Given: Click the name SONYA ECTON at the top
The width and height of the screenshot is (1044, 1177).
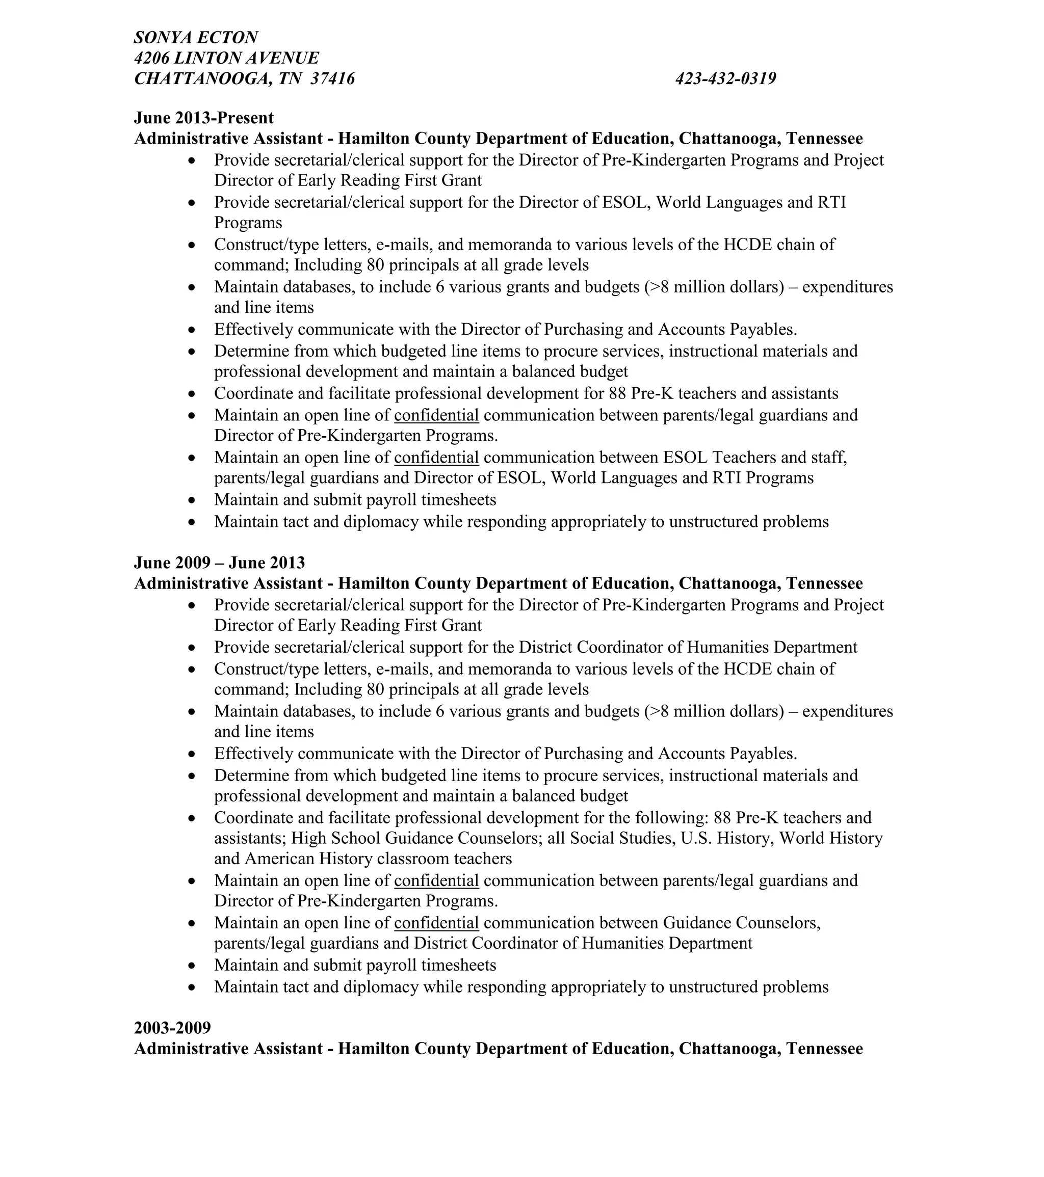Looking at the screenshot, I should coord(195,37).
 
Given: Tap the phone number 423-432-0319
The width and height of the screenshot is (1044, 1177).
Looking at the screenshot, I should coord(725,78).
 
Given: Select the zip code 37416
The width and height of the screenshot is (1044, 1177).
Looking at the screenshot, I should coord(332,78).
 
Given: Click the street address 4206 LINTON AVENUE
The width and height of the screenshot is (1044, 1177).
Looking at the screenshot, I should coord(226,58).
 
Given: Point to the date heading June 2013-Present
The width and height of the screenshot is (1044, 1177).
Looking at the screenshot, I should coord(203,118).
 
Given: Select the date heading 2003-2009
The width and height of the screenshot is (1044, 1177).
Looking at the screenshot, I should coord(172,1028).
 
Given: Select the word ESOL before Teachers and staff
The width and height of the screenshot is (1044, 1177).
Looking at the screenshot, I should coord(685,457).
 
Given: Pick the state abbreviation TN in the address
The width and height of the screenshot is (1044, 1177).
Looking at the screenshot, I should coord(290,78).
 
